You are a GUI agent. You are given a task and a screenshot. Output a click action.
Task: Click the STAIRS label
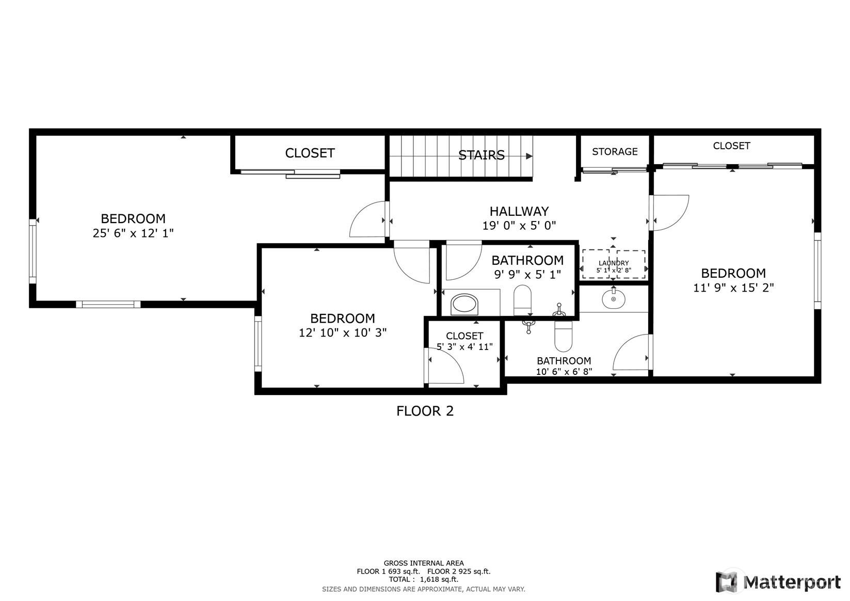click(x=481, y=155)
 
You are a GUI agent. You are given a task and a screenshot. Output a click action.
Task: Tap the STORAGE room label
click(x=614, y=151)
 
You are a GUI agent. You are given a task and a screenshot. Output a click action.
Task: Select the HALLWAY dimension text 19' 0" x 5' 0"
click(x=519, y=226)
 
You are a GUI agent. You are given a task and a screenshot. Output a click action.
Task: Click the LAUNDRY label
click(x=614, y=263)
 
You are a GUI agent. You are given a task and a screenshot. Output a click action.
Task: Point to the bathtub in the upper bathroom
click(x=465, y=304)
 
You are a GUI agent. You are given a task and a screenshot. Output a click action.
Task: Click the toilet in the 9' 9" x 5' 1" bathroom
click(x=522, y=300)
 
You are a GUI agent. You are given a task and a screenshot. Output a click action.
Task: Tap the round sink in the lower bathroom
click(x=613, y=298)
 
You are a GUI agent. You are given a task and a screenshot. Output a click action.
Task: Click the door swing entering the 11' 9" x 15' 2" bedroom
click(x=670, y=212)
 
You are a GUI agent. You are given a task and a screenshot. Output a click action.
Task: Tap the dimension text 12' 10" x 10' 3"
click(x=342, y=333)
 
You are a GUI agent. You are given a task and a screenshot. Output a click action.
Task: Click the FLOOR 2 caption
click(x=425, y=411)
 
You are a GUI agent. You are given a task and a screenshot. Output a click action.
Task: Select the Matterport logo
click(x=777, y=582)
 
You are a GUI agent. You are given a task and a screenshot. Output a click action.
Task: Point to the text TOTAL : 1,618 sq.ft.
click(x=423, y=579)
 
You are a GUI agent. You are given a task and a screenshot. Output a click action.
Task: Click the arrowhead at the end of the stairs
click(x=529, y=155)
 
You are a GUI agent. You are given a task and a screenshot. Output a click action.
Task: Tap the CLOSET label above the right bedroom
click(x=731, y=146)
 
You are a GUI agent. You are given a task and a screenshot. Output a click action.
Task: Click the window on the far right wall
click(x=817, y=271)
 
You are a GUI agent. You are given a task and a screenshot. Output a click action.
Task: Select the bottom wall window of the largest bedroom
click(x=108, y=304)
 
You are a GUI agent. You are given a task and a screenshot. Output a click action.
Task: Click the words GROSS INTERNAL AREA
click(x=423, y=563)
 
